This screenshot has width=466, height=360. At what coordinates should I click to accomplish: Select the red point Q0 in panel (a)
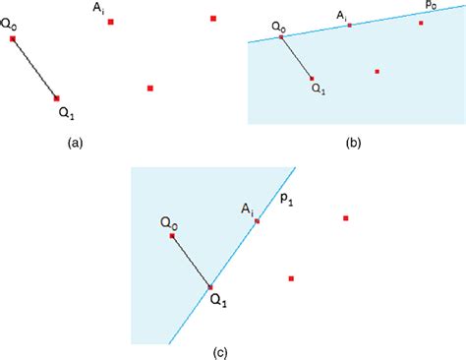pos(13,39)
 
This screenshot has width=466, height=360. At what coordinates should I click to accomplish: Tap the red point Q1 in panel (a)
pos(56,97)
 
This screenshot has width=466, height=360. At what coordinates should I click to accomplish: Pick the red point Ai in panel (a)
pos(112,21)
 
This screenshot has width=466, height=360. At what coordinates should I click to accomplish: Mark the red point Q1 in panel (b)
pos(311,78)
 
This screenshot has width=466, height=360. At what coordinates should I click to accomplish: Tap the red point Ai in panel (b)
pos(349,25)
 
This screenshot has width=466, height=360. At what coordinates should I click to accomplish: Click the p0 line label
pos(431,6)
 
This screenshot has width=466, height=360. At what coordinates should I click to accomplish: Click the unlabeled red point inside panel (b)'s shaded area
pos(378,71)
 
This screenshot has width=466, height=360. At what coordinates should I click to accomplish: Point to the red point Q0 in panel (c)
pos(172,236)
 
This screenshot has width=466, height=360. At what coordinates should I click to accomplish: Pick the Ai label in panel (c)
pos(250,209)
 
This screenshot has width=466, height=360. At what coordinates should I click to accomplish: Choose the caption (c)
pos(222,349)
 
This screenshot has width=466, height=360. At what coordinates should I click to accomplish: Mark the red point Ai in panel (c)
pos(257,221)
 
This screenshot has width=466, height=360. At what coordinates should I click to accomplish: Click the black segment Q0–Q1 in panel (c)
pos(191,262)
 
